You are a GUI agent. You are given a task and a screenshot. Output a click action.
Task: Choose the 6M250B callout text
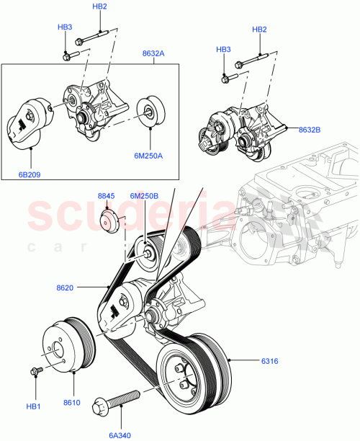[x=143, y=195]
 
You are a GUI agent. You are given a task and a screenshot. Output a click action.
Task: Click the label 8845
[x=107, y=195]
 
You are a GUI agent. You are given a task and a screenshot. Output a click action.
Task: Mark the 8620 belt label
[x=84, y=287]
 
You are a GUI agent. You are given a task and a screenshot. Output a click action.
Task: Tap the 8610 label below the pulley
[x=72, y=402]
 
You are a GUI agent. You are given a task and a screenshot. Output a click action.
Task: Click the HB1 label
[x=34, y=407]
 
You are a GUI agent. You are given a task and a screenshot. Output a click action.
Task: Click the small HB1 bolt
[x=35, y=372]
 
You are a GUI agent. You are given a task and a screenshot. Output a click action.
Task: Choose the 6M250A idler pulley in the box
[x=150, y=111]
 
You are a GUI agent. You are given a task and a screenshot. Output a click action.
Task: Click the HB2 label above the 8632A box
[x=100, y=6]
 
